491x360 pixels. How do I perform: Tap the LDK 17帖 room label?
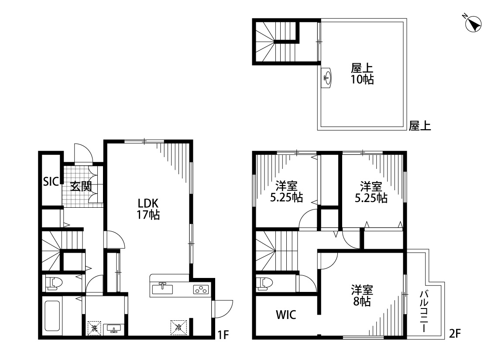click(148, 209)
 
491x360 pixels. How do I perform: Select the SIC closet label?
click(51, 182)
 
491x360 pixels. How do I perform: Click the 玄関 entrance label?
click(81, 186)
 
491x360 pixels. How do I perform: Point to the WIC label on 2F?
click(286, 315)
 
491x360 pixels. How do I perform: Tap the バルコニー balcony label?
click(424, 311)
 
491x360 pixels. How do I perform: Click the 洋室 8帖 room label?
click(362, 295)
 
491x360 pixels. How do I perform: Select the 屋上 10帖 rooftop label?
click(362, 74)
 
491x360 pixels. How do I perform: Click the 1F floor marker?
click(223, 335)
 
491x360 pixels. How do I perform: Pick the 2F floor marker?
click(455, 333)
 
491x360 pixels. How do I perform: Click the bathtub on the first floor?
click(52, 316)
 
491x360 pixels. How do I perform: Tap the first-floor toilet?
click(54, 283)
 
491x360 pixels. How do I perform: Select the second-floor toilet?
click(264, 283)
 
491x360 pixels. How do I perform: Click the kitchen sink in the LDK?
click(162, 288)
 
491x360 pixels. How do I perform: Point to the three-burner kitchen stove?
click(201, 290)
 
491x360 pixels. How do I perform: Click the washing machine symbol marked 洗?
click(94, 328)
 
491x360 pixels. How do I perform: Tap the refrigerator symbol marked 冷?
click(179, 328)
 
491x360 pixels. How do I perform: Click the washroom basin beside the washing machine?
click(113, 329)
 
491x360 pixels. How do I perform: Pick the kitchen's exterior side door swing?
click(223, 309)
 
